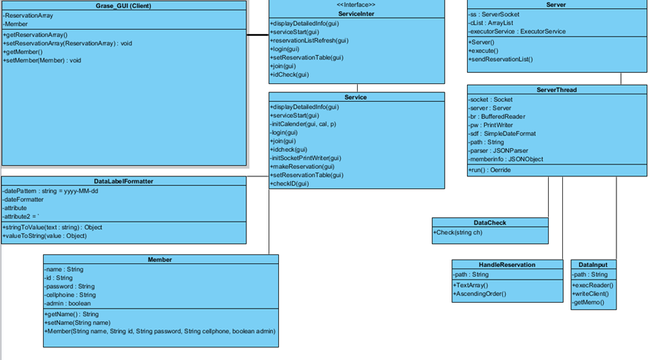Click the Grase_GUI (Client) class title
point(123,5)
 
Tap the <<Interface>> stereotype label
point(356,5)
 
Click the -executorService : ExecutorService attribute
point(517,31)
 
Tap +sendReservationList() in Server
point(501,59)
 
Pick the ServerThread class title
point(556,90)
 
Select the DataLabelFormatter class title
point(123,181)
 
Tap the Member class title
point(160,260)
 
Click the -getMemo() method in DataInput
point(588,303)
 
